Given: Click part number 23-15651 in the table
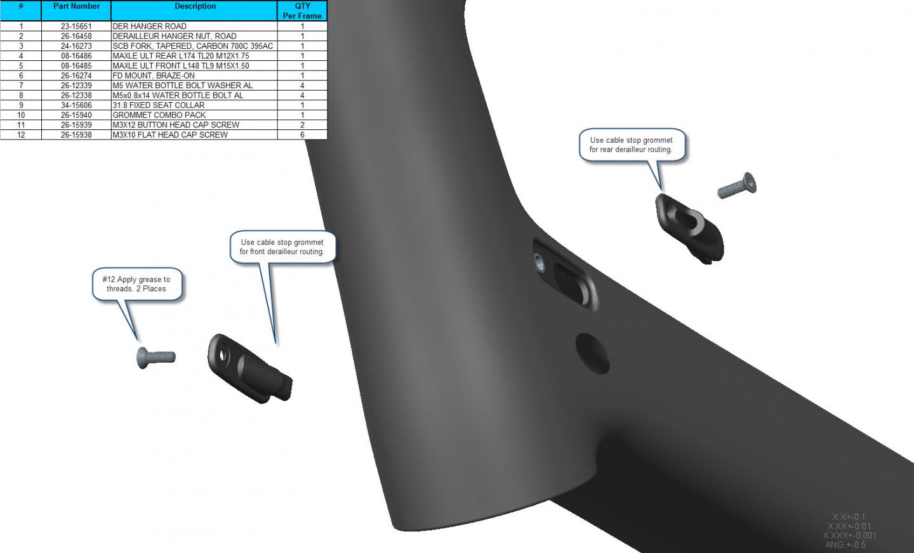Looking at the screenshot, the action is (76, 26).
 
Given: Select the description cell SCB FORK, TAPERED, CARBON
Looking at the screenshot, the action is (192, 46).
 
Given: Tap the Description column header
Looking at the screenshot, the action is (195, 6).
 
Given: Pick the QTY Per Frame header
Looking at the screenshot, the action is (302, 11).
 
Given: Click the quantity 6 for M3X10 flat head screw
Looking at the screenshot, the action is (302, 134).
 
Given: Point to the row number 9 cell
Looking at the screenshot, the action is (21, 105).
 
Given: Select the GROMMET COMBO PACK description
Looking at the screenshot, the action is (159, 115).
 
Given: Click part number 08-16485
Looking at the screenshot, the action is (76, 66).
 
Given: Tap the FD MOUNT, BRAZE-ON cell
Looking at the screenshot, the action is (154, 75).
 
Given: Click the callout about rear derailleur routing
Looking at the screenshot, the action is (631, 145).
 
